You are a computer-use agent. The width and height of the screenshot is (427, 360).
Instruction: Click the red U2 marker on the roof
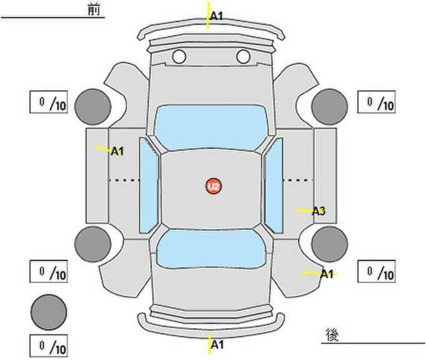[213, 186]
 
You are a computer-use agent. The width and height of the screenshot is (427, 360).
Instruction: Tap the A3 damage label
[319, 211]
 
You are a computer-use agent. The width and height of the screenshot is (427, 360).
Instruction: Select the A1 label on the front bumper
[217, 17]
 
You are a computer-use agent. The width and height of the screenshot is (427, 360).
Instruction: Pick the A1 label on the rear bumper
[217, 345]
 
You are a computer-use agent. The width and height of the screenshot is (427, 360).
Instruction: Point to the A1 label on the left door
[117, 151]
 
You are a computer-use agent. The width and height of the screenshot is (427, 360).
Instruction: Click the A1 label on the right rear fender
[327, 274]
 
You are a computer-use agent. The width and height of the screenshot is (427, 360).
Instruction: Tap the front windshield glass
[210, 127]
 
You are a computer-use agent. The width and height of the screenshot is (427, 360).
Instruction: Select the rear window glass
[211, 249]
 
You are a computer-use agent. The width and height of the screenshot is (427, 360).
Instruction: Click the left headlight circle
[179, 57]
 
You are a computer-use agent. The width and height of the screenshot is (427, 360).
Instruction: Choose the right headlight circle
[243, 57]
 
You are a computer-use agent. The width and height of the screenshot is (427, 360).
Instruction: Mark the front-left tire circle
[93, 107]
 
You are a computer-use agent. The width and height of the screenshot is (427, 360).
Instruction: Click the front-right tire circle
[329, 107]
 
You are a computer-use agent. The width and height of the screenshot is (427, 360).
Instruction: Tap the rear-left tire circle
[93, 244]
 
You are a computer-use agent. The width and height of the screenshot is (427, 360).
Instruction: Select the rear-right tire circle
[329, 244]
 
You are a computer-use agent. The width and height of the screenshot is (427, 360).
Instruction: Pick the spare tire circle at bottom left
[49, 312]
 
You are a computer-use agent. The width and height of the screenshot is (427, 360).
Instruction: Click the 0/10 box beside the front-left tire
[49, 102]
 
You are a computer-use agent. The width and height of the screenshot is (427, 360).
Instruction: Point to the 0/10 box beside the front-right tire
[376, 102]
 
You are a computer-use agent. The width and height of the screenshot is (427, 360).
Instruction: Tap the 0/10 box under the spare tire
[49, 346]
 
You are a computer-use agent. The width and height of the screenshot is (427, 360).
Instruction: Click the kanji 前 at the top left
[94, 10]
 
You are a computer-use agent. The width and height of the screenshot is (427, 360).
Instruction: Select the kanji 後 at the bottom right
[332, 335]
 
